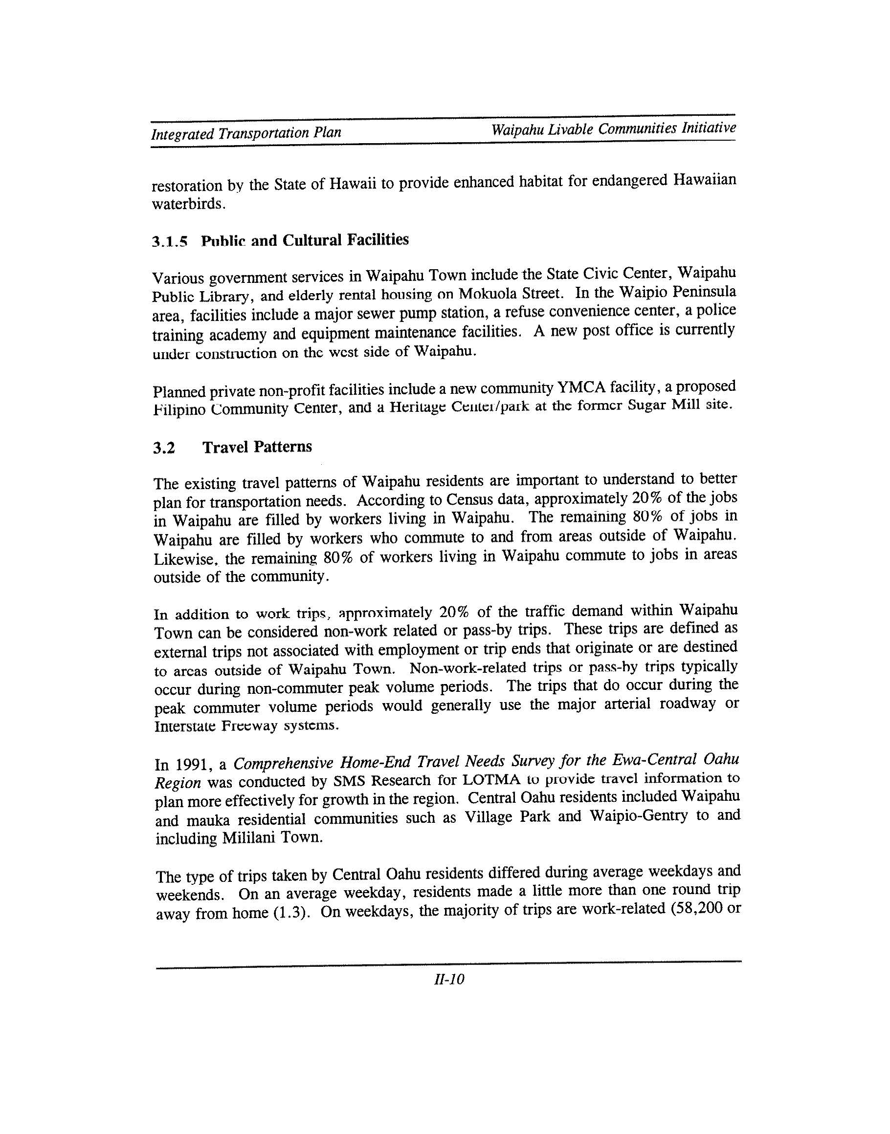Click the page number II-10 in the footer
click(x=448, y=980)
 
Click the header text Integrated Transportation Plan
click(x=246, y=133)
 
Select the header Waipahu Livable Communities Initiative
click(x=613, y=128)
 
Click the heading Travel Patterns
click(x=257, y=447)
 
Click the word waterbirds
click(x=188, y=205)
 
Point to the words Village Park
click(x=507, y=817)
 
